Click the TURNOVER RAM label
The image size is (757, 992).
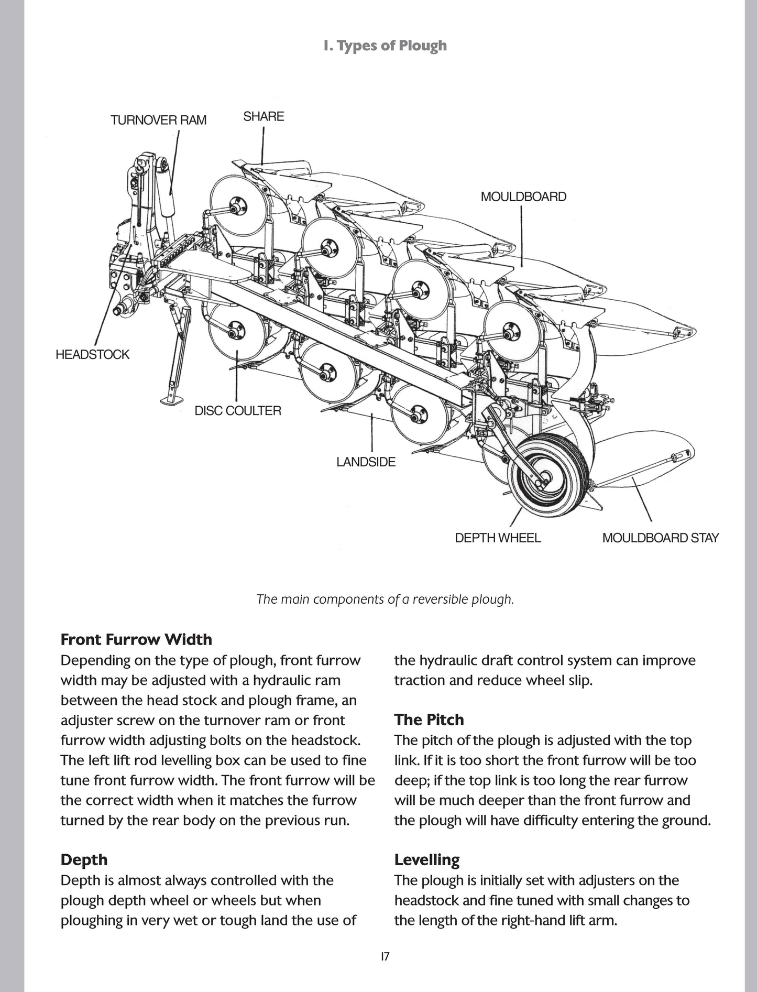[158, 120]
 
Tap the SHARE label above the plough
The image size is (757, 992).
[264, 116]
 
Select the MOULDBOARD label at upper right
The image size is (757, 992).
[523, 197]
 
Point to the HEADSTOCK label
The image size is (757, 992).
[92, 354]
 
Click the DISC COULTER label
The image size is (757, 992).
[238, 410]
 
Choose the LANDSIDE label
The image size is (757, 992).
[366, 462]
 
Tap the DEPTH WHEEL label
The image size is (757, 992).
[498, 538]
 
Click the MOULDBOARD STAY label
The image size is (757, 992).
[660, 538]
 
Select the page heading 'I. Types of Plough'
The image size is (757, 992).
[385, 46]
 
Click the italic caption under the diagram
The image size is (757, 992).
[385, 599]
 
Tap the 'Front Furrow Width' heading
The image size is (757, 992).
[136, 639]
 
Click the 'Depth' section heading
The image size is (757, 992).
[84, 859]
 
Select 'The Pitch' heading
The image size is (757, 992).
[429, 720]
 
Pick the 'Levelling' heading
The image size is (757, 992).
[427, 859]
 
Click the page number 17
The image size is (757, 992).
[385, 956]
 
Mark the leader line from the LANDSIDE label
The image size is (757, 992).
[372, 432]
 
